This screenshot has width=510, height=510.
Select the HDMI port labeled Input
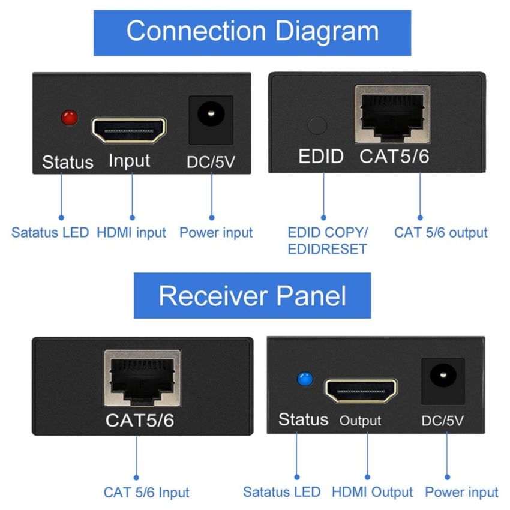tap(128, 129)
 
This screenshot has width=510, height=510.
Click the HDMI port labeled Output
tap(361, 391)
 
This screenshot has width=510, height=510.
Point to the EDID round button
tap(317, 125)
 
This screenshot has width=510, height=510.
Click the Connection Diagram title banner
tap(253, 32)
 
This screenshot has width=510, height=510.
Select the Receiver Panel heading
tap(252, 295)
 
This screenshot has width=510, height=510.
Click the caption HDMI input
tap(131, 233)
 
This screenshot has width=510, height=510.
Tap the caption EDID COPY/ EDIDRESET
tap(327, 241)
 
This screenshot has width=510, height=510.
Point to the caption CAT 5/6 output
tap(440, 233)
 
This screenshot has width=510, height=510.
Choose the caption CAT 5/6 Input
tap(146, 493)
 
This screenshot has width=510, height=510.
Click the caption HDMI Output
tap(371, 492)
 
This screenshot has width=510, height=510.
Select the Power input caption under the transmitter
tap(216, 233)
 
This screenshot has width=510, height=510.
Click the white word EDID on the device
tap(322, 158)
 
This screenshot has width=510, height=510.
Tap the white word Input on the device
tap(130, 161)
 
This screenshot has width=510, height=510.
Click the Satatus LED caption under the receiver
tap(282, 492)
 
